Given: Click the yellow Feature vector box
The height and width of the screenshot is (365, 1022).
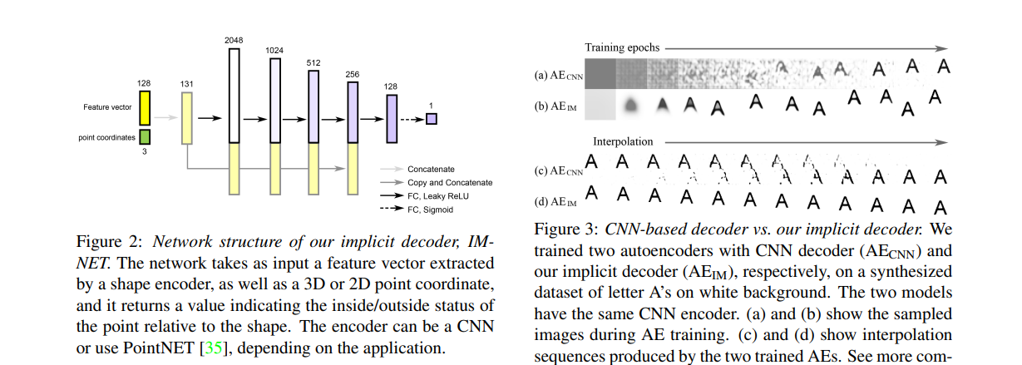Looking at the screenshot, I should point(145,108).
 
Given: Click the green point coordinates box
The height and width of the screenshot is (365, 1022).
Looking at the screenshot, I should point(145,137).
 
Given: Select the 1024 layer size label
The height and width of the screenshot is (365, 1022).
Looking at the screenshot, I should point(274,51).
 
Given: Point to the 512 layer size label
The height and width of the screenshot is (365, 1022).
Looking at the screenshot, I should point(314,62).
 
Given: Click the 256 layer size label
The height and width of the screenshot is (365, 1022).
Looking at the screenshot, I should point(352,74).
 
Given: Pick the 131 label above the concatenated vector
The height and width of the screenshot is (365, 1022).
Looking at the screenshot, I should point(186,84).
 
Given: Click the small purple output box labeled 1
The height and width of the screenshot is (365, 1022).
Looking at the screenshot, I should point(431,119).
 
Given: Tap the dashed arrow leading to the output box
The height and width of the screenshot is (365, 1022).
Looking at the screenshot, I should point(411,119).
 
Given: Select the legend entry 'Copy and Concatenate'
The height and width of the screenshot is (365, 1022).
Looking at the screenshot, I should point(450,182).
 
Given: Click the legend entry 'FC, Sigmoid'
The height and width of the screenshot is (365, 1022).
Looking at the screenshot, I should point(430,210).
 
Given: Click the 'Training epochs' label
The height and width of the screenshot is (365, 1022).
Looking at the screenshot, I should point(620,48).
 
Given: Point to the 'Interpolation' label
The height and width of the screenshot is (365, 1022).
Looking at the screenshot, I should point(623,141).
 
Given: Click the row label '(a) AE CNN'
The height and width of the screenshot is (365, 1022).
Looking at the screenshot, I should point(558,76).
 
